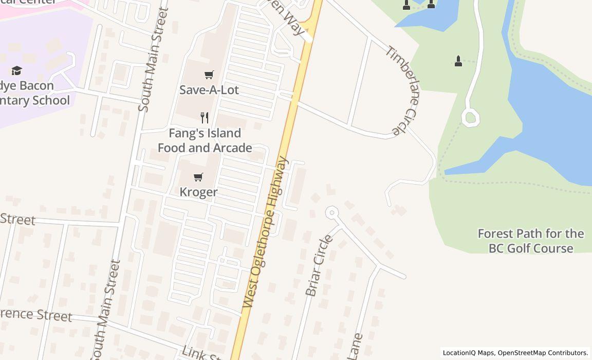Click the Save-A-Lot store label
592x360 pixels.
coord(209,89)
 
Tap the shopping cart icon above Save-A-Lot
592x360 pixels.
coord(209,75)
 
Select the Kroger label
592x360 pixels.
coord(198,192)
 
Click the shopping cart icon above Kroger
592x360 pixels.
coord(198,177)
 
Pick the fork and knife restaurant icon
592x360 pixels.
coord(205,118)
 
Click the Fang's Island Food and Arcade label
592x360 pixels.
coord(205,140)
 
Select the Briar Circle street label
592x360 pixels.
coord(319,266)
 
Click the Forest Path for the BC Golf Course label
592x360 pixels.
coord(531,241)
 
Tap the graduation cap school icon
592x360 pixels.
coord(17,70)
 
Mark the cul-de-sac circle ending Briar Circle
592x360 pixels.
coord(332,212)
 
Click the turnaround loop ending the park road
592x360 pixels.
coord(470,118)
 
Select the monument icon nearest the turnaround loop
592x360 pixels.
coord(458,61)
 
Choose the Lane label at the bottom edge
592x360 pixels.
coord(355,347)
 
